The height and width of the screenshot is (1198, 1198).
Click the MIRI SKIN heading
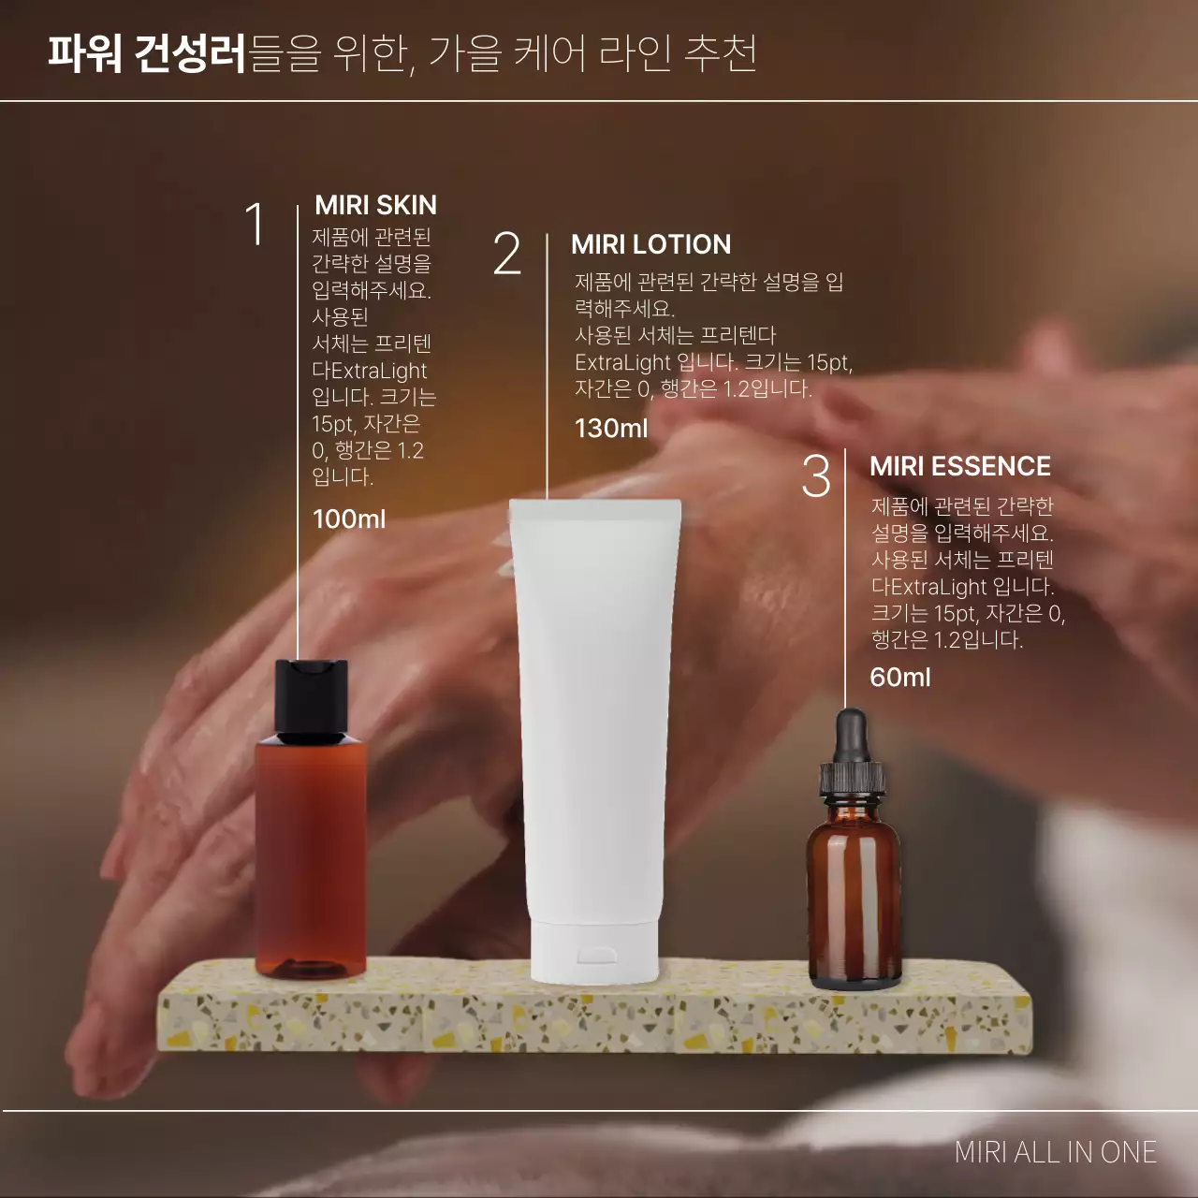375,205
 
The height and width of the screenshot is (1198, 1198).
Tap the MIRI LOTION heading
650,244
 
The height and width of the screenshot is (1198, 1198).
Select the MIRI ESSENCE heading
959,466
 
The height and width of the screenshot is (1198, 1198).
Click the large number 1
255,226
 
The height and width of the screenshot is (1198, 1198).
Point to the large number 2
506,255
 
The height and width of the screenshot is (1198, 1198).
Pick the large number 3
815,476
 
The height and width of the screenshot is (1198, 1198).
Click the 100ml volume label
348,519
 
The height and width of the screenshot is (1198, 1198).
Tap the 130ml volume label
610,429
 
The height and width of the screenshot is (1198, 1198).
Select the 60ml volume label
899,677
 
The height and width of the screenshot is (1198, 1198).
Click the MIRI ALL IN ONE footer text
1055,1152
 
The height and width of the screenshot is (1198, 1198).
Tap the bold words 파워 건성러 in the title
147,53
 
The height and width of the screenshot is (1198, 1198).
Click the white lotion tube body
593,711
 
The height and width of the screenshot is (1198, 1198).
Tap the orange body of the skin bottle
311,852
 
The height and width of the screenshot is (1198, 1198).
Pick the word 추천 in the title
721,53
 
